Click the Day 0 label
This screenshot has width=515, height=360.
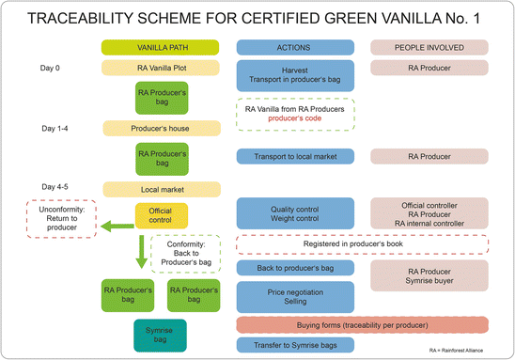[x=55, y=68]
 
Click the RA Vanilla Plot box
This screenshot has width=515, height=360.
[x=160, y=68]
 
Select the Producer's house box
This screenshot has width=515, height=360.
[x=160, y=128]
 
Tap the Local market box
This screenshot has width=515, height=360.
[x=160, y=188]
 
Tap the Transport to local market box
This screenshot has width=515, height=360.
[x=295, y=156]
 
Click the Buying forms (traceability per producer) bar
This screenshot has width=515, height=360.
[x=362, y=324]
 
